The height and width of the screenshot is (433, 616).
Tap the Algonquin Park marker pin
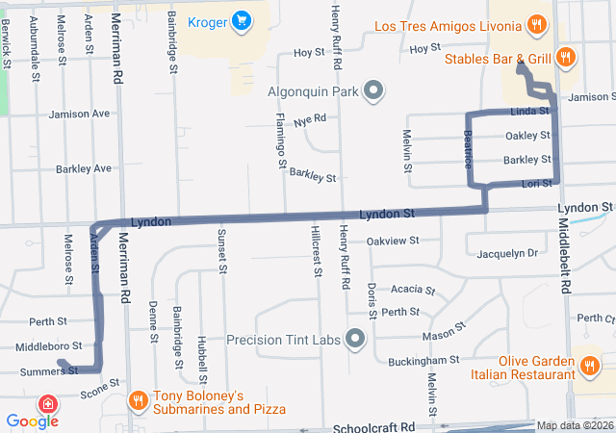[374, 92]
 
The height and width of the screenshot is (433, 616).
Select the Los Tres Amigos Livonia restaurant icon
[536, 24]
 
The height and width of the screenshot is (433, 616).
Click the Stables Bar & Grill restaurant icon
[566, 58]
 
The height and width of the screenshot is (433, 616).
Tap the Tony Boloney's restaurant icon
[138, 399]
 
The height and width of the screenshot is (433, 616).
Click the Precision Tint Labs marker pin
[355, 340]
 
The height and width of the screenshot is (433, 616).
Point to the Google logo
[32, 420]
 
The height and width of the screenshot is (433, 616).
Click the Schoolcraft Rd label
[373, 426]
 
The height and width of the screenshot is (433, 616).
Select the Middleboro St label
[49, 344]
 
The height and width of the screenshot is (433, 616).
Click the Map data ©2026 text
[575, 425]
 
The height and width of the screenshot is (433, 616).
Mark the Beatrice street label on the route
[469, 148]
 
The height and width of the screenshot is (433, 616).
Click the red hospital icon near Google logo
[46, 402]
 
